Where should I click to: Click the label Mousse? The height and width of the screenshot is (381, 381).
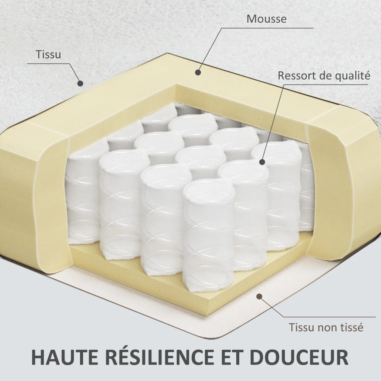pyautogui.click(x=266, y=19)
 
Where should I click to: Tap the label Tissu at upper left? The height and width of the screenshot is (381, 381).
pyautogui.click(x=48, y=54)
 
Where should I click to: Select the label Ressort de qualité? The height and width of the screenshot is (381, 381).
pyautogui.click(x=324, y=76)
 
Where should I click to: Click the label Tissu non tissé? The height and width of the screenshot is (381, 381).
pyautogui.click(x=326, y=327)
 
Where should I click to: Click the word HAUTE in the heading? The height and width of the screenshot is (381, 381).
pyautogui.click(x=65, y=357)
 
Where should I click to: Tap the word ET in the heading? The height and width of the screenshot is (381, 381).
pyautogui.click(x=232, y=357)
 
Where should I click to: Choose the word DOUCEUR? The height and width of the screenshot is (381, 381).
pyautogui.click(x=299, y=357)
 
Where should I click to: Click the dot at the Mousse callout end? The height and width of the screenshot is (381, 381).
pyautogui.click(x=198, y=72)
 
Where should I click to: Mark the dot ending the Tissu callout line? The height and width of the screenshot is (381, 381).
pyautogui.click(x=80, y=83)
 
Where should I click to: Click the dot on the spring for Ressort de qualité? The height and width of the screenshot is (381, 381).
pyautogui.click(x=262, y=162)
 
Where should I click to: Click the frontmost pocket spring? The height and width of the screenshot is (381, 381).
pyautogui.click(x=208, y=234)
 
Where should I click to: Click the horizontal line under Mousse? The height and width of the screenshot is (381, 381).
pyautogui.click(x=267, y=28)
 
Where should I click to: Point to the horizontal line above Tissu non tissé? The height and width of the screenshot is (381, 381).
pyautogui.click(x=330, y=317)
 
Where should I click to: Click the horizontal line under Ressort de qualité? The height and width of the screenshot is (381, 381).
pyautogui.click(x=326, y=84)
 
